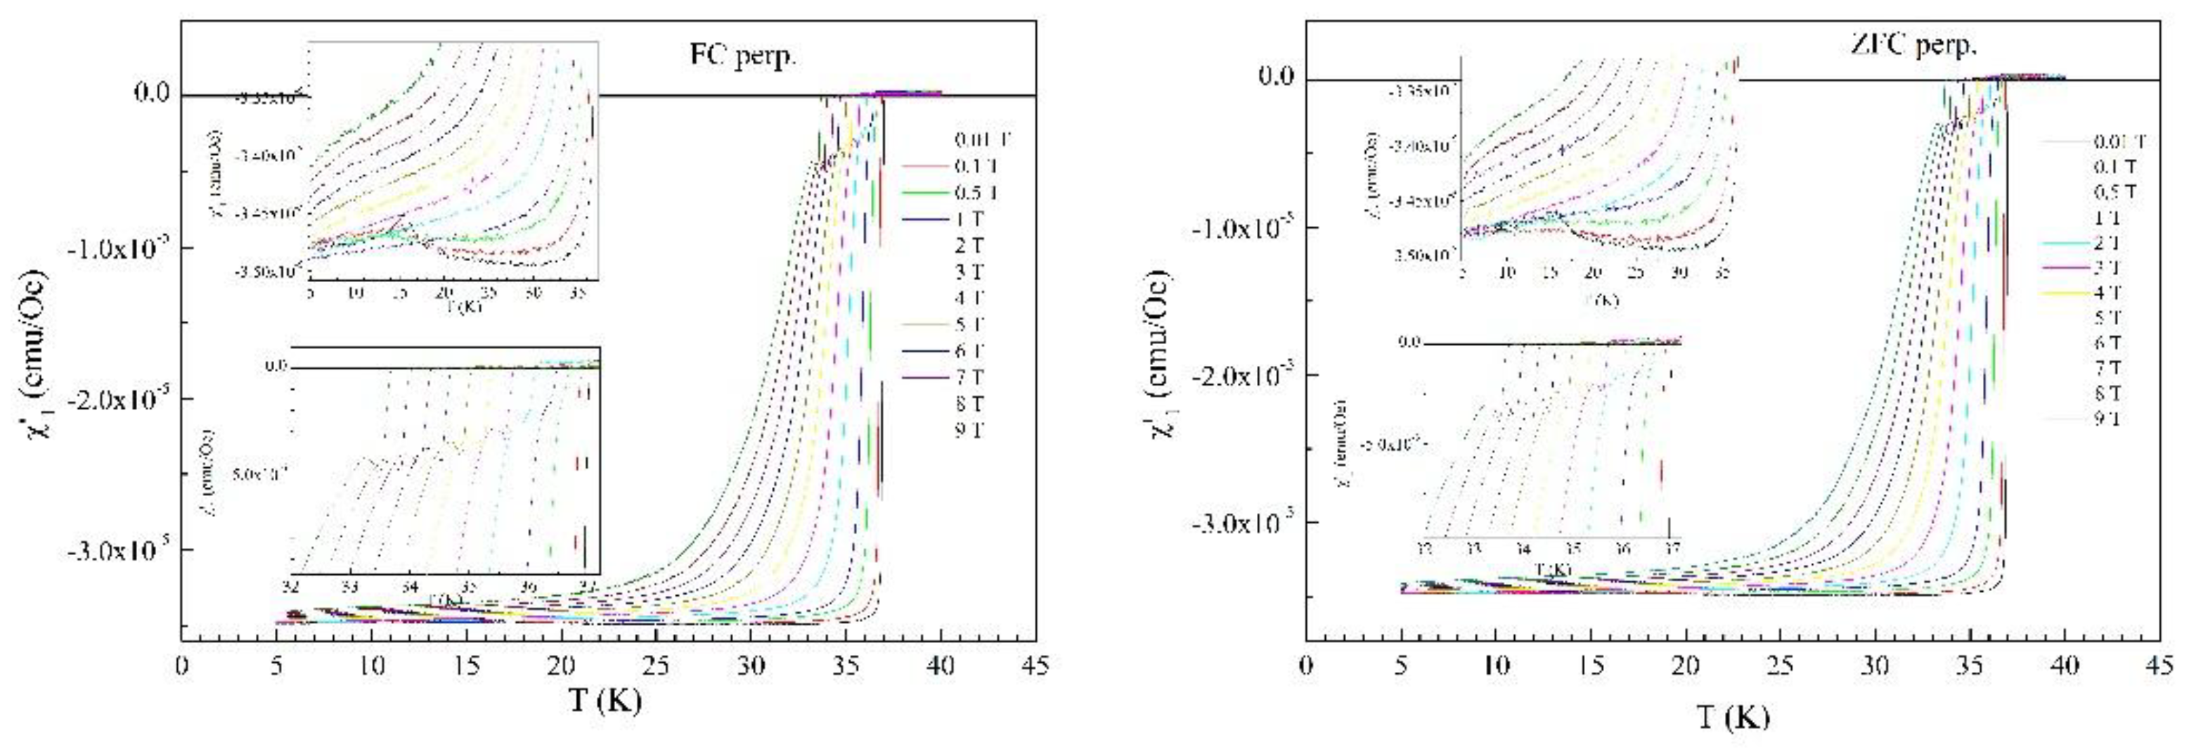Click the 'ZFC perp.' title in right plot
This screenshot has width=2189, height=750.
(1913, 44)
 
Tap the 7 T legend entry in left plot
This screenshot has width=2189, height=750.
(969, 376)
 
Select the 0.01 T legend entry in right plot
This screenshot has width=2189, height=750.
(2119, 141)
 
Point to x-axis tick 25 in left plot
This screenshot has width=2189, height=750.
(655, 665)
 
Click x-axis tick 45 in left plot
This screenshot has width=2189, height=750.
(1034, 665)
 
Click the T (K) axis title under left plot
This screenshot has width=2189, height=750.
(605, 702)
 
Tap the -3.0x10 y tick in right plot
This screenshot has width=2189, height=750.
(1241, 522)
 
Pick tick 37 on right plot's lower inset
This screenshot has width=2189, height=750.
(1671, 549)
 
